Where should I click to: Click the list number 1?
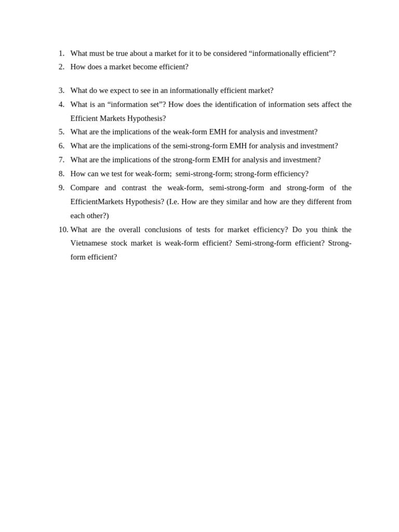[x=61, y=53]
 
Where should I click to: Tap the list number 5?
[x=61, y=132]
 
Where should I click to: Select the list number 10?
[x=63, y=230]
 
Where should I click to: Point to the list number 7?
[x=61, y=159]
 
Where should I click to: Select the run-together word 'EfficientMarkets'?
[x=97, y=202]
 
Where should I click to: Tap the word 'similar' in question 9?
[x=236, y=202]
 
